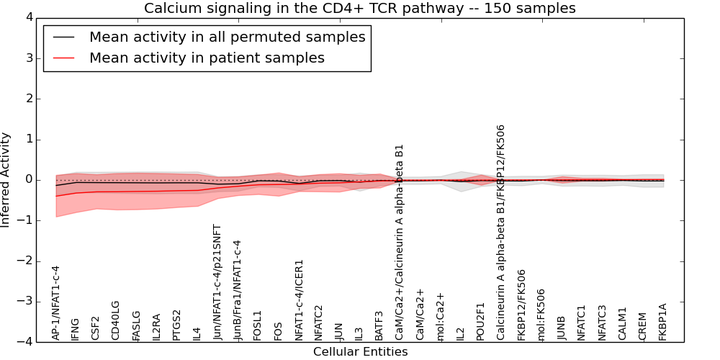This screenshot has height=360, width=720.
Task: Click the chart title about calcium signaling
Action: point(359,9)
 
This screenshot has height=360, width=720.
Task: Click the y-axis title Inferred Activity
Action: point(6,180)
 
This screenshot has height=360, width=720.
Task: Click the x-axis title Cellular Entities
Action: point(360,352)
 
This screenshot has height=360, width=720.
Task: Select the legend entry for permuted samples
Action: point(227,37)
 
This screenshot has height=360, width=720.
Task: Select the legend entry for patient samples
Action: point(207,58)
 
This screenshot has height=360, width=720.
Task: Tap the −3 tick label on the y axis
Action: point(24,302)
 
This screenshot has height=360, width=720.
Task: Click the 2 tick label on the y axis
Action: point(28,99)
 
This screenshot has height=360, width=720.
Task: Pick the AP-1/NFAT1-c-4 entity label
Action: point(56,302)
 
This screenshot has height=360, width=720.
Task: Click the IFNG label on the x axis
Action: point(76,328)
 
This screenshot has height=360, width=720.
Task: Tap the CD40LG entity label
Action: point(116,320)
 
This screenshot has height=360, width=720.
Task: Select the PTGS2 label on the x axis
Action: point(177,325)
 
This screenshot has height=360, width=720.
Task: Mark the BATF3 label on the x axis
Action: point(379,325)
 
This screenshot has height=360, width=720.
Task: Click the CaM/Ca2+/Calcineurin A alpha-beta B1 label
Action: point(400,242)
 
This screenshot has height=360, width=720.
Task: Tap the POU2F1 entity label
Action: point(481,321)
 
